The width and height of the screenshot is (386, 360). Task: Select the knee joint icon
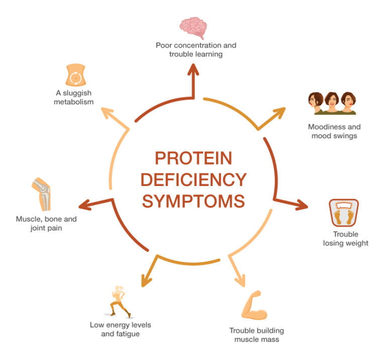click(42, 194)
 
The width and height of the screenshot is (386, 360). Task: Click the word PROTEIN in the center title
click(194, 158)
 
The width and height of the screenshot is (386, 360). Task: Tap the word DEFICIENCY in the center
click(194, 179)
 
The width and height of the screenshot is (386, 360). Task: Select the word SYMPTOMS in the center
click(194, 201)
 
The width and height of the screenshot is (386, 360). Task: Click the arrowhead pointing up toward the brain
click(193, 70)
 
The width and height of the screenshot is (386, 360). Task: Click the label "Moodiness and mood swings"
click(334, 131)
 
